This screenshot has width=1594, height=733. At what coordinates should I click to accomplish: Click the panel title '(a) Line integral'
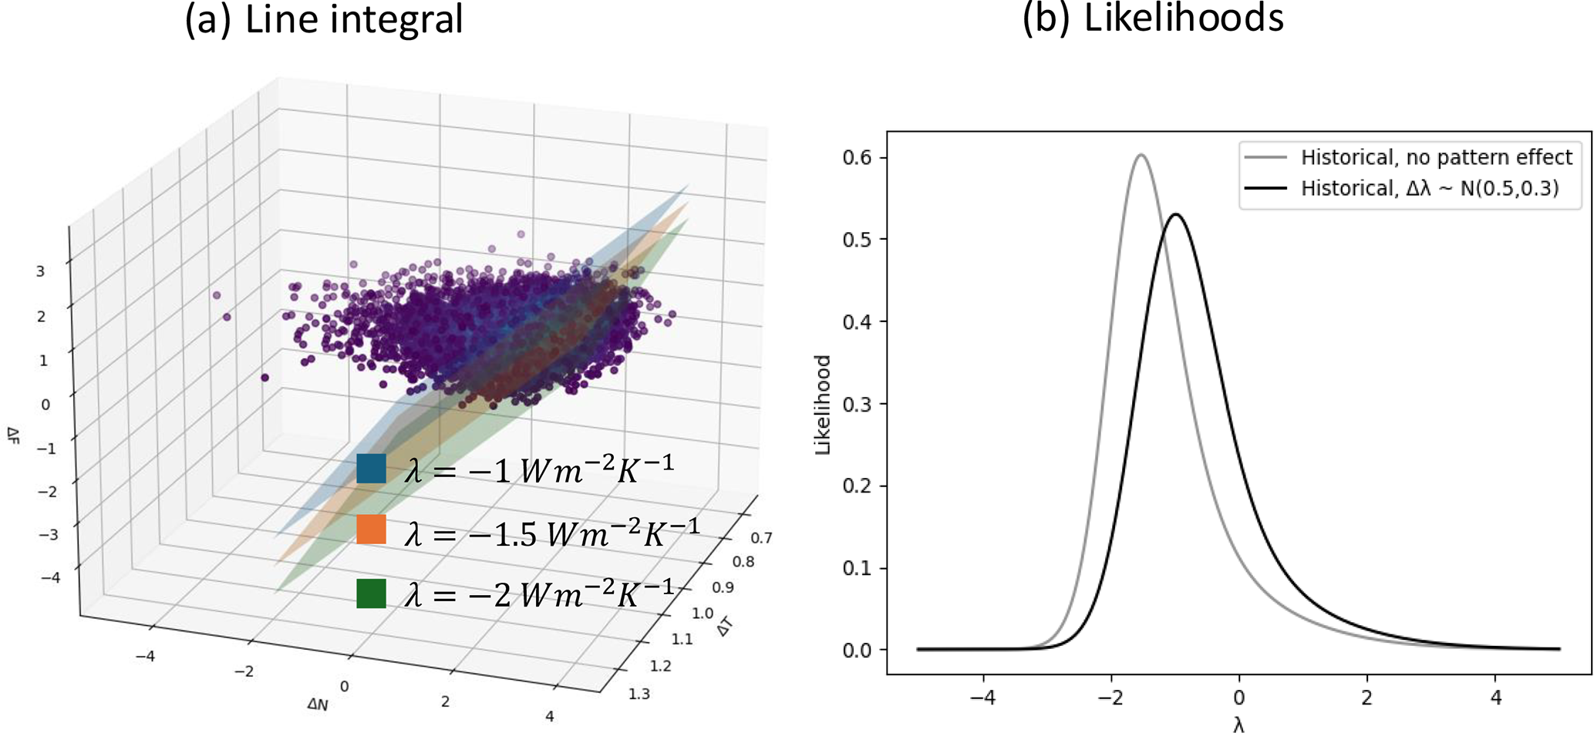pos(324,18)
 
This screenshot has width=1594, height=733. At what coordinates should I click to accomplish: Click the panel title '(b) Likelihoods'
pos(1152,17)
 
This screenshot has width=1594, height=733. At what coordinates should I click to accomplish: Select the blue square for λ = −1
pos(371,469)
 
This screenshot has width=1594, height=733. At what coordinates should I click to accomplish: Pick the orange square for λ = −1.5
pos(371,530)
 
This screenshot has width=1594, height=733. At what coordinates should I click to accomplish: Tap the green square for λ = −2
pos(371,593)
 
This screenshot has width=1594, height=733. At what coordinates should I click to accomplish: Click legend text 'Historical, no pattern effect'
pos(1436,157)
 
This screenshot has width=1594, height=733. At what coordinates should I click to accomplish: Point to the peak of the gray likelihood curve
pos(1141,156)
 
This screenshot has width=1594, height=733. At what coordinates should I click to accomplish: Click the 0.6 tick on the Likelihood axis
pos(857,157)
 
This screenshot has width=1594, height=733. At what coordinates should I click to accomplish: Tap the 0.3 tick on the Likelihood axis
pos(857,404)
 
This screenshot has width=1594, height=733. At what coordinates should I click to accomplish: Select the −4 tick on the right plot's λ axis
pos(982,698)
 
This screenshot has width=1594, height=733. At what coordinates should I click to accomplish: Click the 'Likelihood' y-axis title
pos(824,404)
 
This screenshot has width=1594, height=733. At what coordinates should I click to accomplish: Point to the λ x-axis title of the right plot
pos(1238,725)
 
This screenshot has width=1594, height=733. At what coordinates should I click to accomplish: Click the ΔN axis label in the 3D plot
pos(318,704)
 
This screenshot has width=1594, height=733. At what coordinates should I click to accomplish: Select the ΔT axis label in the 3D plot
pos(724,629)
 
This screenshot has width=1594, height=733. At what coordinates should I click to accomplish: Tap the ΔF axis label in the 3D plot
pos(13,436)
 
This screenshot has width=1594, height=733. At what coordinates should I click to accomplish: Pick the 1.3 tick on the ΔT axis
pos(639,694)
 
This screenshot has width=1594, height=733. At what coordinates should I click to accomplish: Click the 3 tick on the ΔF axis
pos(40,271)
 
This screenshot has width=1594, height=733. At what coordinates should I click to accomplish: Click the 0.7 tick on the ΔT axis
pos(762,537)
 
